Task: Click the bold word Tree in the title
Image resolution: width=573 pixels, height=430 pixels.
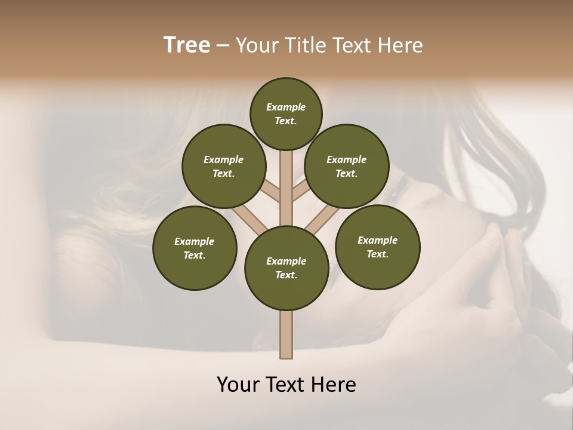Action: (x=187, y=45)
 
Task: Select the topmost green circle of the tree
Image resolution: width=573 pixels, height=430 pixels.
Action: (x=286, y=113)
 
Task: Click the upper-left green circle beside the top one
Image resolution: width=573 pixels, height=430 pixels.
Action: (x=223, y=166)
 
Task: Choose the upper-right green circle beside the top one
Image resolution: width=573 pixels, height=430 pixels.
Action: (x=346, y=166)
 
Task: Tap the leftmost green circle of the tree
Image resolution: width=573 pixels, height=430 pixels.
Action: (x=194, y=248)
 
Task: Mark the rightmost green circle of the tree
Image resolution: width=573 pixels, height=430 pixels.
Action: (x=377, y=247)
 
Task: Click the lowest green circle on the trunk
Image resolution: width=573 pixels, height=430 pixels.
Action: (x=286, y=268)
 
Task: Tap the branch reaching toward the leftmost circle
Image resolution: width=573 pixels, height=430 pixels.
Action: (x=249, y=220)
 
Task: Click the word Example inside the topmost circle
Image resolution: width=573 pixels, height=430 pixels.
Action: (x=286, y=107)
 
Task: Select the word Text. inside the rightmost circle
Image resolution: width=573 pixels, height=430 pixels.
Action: (x=377, y=254)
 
